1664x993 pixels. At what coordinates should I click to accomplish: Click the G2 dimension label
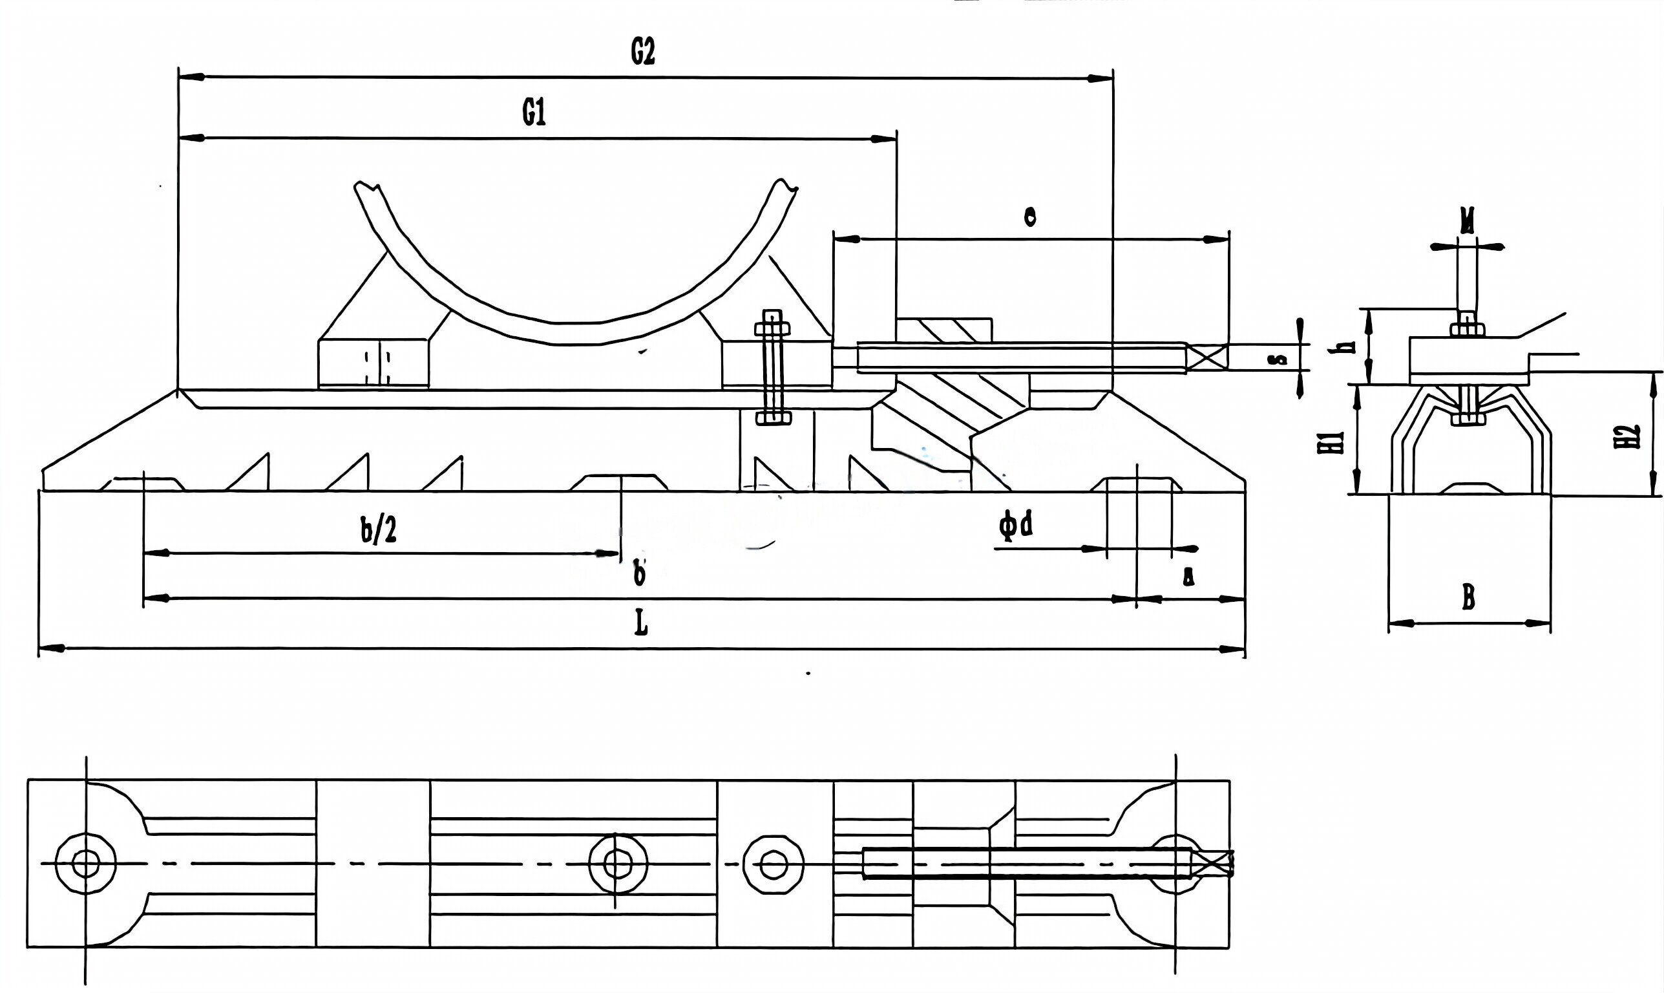(x=643, y=52)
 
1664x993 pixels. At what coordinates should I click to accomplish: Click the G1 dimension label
(x=534, y=112)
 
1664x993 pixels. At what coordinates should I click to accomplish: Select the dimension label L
(x=640, y=625)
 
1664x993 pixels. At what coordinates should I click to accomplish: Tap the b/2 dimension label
(x=379, y=531)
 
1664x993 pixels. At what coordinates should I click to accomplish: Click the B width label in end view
(x=1468, y=597)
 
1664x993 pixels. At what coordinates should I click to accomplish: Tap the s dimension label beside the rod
(x=1278, y=359)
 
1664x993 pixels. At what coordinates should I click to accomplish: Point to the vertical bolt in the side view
(x=772, y=367)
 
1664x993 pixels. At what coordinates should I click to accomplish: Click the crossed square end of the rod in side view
(x=1208, y=357)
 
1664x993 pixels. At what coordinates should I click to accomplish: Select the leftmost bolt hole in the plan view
(x=85, y=863)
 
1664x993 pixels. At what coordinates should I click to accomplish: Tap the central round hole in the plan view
(x=618, y=863)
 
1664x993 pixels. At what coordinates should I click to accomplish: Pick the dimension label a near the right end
(x=1188, y=577)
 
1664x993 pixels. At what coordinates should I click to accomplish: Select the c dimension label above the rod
(x=1030, y=216)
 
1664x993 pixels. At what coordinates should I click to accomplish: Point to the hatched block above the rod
(x=943, y=330)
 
